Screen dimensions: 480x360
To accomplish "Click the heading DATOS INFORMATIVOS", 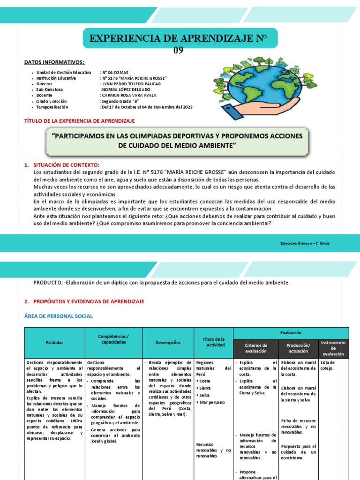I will (54, 62).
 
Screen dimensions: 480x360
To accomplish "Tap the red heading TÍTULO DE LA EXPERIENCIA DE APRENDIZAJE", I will (79, 121).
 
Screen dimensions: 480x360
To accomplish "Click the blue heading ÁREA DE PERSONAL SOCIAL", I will (59, 316).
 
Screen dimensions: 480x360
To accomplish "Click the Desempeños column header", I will (167, 343).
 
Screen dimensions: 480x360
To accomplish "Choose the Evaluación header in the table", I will (291, 332).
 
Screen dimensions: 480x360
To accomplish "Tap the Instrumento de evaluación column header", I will (333, 348).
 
